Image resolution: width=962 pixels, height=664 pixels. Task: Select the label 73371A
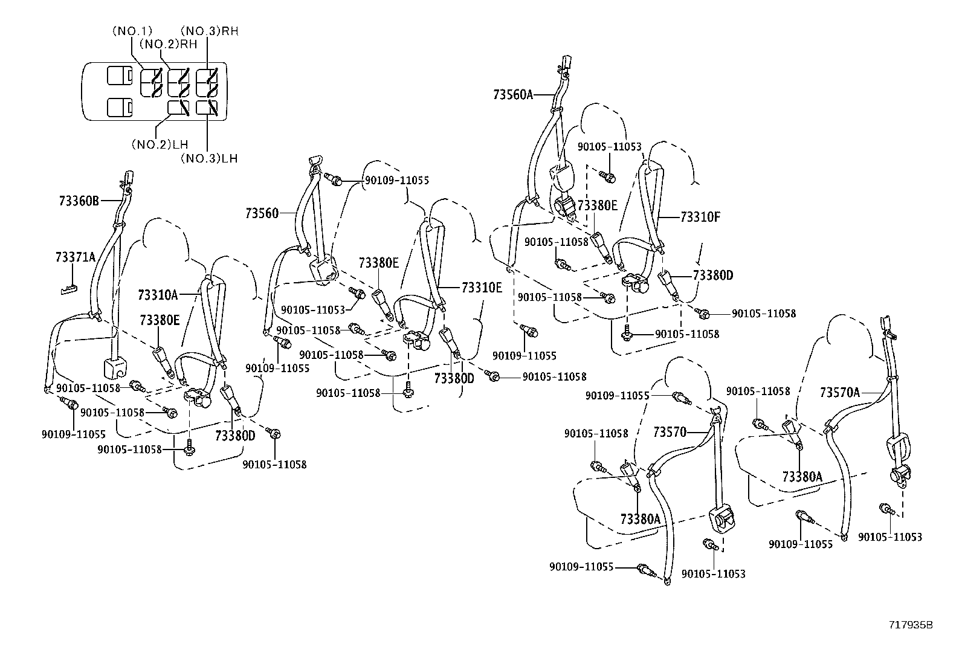tap(76, 257)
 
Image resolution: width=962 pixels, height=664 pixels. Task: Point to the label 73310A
tap(158, 295)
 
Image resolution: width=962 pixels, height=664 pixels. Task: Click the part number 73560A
tap(513, 94)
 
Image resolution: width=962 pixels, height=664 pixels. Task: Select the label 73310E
tap(482, 288)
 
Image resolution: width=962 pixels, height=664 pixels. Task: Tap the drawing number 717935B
tap(911, 625)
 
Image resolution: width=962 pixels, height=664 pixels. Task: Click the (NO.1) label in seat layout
tap(132, 31)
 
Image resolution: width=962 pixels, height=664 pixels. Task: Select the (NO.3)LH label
tap(209, 158)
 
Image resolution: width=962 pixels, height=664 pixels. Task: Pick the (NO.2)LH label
tap(160, 144)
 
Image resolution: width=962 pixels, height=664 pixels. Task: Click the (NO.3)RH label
tap(210, 31)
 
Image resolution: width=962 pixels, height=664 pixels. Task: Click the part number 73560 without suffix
tap(262, 213)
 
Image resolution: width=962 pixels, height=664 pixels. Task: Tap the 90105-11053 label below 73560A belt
tap(609, 147)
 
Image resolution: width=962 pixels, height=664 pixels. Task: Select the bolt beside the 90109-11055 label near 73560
tap(333, 179)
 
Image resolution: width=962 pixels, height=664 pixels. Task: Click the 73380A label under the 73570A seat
tap(802, 477)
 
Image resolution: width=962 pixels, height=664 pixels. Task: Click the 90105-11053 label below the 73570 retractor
tap(713, 574)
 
